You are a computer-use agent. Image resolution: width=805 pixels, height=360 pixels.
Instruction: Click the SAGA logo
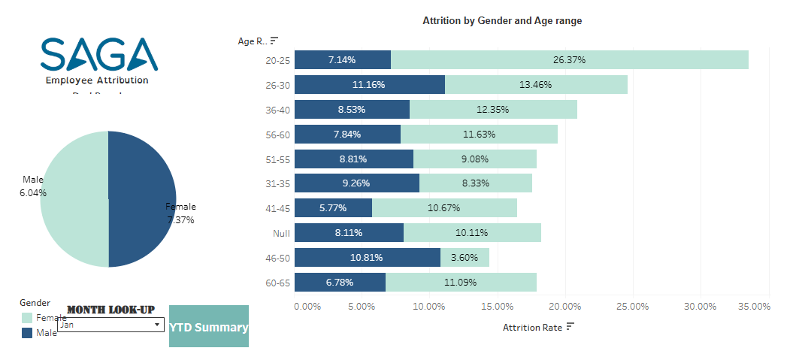98,54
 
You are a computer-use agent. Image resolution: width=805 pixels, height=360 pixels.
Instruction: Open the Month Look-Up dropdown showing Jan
110,325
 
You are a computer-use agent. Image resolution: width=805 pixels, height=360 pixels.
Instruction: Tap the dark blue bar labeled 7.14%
342,60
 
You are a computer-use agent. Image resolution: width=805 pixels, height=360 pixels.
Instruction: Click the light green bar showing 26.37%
569,60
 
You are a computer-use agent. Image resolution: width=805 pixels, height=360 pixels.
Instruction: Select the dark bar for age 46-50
367,258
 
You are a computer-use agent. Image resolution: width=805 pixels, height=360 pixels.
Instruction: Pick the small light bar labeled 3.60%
465,258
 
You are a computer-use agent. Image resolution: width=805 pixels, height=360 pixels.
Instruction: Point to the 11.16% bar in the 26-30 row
369,85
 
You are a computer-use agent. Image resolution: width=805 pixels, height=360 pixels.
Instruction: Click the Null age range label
280,234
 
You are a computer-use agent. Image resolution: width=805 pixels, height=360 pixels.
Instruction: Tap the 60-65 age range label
277,283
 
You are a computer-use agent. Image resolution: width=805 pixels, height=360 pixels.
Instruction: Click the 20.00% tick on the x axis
564,307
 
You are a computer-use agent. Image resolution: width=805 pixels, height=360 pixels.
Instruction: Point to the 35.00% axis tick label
754,307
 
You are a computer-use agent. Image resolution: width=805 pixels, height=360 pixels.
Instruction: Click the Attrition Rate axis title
531,327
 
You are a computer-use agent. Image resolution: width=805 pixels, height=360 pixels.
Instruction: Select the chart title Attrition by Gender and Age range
502,21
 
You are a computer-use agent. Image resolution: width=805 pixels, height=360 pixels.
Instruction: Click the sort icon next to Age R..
274,41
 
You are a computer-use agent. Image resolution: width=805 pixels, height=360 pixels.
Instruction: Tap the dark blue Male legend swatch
27,332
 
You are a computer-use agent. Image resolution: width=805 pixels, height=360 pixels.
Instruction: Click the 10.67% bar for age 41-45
444,208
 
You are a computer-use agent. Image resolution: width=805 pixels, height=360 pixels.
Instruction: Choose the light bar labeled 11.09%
461,283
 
